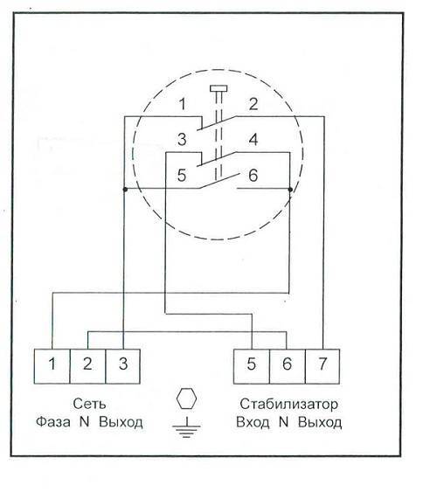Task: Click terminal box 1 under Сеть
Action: [52, 366]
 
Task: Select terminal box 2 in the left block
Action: [87, 366]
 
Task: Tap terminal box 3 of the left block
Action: [123, 366]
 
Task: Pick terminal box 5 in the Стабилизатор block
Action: [252, 366]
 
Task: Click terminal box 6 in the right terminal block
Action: [287, 366]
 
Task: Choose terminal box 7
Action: [323, 366]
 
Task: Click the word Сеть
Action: [89, 404]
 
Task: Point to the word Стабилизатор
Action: [288, 404]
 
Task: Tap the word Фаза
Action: [53, 422]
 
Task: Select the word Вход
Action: [253, 422]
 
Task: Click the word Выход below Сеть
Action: [121, 422]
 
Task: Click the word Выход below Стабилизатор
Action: [320, 422]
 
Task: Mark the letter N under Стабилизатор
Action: [283, 422]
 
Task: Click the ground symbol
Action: [186, 427]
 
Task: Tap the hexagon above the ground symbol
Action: [186, 399]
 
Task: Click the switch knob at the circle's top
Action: [218, 88]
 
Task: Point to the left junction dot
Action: [125, 190]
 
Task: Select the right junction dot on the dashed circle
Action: [290, 190]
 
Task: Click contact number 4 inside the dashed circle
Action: [253, 140]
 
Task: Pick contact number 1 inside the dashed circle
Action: [182, 104]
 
